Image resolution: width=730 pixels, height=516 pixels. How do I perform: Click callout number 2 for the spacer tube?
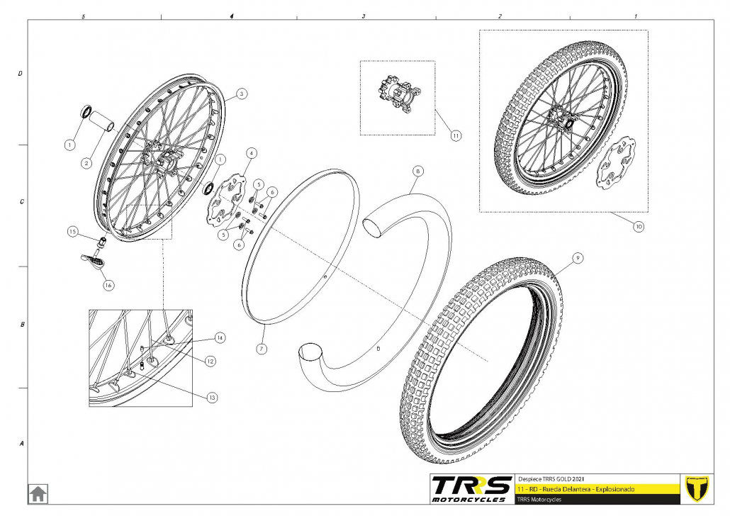tap(86, 163)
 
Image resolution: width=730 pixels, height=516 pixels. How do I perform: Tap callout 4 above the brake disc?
tap(252, 152)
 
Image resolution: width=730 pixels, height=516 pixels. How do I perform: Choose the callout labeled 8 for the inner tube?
tap(418, 171)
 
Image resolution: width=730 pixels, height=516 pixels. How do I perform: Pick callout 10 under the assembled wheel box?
tap(638, 228)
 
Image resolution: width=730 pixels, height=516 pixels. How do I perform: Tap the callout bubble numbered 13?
tap(212, 398)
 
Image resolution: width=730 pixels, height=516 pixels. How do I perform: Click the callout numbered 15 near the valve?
tap(72, 231)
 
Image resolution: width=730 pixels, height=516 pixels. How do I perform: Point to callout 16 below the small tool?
tap(108, 285)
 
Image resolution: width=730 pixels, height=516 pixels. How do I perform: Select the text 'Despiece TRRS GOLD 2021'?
tap(552, 478)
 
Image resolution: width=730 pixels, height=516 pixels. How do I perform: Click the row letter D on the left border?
tap(21, 73)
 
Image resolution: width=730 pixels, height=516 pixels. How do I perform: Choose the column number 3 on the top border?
tap(364, 16)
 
